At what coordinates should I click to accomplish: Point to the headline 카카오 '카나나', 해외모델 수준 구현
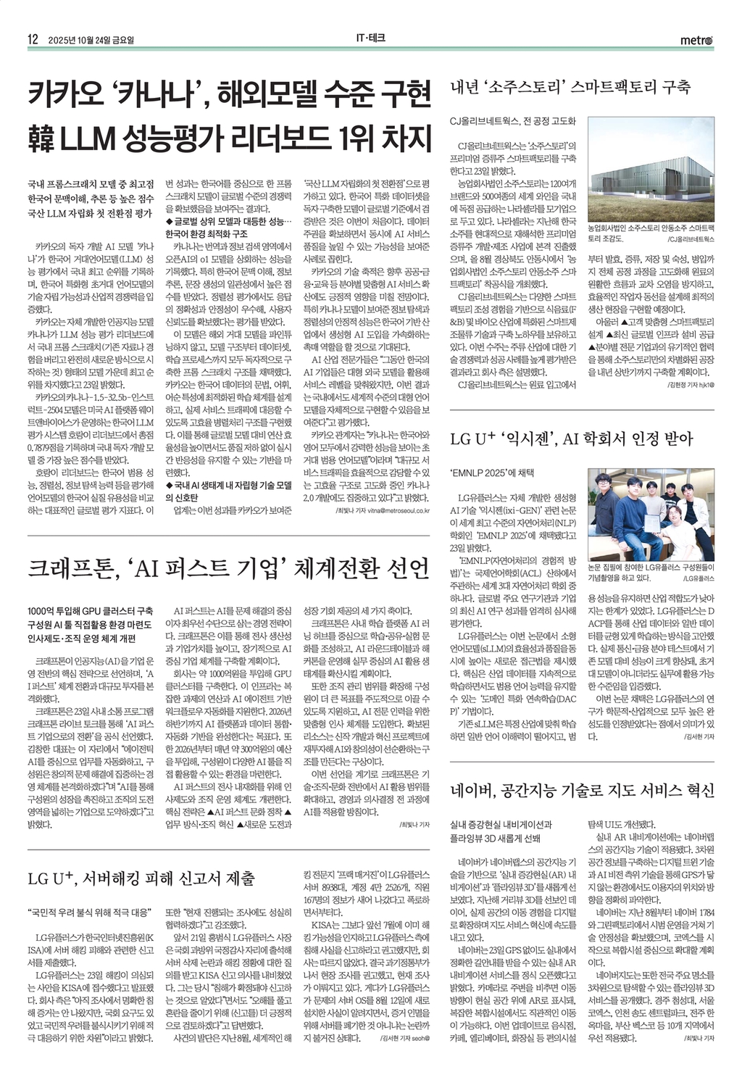(x=229, y=94)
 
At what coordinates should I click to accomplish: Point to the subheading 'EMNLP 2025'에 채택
(x=492, y=472)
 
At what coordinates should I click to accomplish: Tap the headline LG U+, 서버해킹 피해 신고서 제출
(x=141, y=878)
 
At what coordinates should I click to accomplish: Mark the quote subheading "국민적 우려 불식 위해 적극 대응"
(x=89, y=911)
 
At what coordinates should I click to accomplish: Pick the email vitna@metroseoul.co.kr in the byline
(x=389, y=510)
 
